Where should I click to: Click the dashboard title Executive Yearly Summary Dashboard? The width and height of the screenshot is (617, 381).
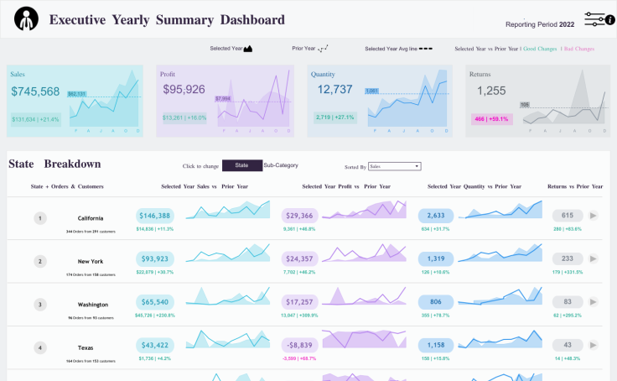point(167,20)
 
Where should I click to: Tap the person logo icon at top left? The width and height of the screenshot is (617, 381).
point(27,18)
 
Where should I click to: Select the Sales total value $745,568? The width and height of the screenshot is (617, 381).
point(35,91)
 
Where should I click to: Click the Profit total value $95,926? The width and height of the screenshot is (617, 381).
point(184,89)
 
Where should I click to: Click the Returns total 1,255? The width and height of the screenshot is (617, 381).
point(491,91)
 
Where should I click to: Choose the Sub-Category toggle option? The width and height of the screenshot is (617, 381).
point(281,166)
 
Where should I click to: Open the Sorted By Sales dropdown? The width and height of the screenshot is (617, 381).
point(394,167)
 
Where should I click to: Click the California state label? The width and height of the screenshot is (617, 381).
point(91,218)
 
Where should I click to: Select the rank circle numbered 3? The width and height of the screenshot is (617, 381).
point(39,304)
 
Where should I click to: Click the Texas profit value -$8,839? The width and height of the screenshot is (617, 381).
point(299,345)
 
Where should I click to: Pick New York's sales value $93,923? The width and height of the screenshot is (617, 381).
point(155,259)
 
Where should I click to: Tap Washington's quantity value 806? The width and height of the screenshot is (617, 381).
point(436,302)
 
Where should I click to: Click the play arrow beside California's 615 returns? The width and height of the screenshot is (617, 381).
point(594,216)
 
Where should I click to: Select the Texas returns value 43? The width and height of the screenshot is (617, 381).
point(568,345)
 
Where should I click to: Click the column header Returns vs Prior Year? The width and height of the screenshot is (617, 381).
point(574,186)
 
